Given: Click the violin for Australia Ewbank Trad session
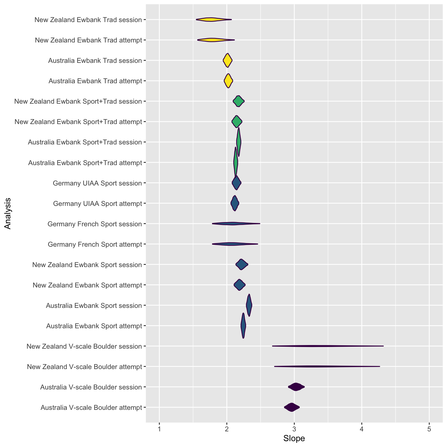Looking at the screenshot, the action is (x=227, y=60).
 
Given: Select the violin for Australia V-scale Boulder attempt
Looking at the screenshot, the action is (x=292, y=407).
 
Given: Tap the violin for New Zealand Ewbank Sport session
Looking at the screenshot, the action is (x=242, y=265).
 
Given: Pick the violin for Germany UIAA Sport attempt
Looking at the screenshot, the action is (x=235, y=203).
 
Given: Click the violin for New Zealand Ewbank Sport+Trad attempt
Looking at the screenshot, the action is (x=237, y=122).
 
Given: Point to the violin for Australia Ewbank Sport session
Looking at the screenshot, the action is (x=249, y=305).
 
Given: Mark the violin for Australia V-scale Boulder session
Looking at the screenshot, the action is (x=296, y=387).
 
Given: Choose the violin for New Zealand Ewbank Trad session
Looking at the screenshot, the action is (x=214, y=20).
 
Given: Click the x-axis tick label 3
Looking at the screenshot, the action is (x=294, y=429).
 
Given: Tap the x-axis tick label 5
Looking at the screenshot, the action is (x=429, y=429).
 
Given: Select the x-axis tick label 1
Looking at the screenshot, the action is (x=159, y=429).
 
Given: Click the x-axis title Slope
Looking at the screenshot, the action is (x=294, y=439).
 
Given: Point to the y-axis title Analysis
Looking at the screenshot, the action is (x=8, y=213).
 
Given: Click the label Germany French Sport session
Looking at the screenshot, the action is (x=95, y=224).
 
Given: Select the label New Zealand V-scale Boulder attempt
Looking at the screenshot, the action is (x=85, y=367).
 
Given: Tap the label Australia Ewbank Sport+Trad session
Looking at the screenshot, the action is (x=85, y=142).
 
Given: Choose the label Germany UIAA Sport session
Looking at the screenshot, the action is (x=97, y=183).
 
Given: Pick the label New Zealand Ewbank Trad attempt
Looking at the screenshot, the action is (x=89, y=40).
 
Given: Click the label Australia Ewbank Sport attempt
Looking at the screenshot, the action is (x=94, y=326).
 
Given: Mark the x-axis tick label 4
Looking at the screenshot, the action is (x=362, y=429).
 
